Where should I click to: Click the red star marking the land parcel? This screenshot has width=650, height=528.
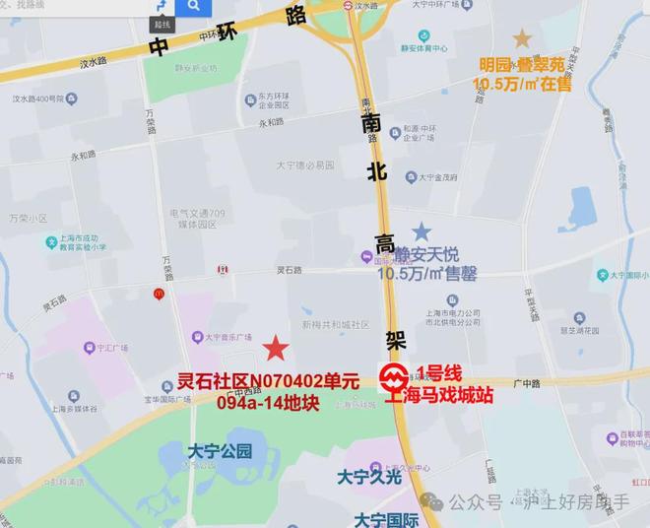[x=276, y=348]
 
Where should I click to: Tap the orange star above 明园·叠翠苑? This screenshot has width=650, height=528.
[x=521, y=38]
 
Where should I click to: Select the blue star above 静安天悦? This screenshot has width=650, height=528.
[x=422, y=231]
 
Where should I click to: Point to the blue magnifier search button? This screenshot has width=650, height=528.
[x=194, y=6]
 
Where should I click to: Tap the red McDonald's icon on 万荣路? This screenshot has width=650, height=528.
[x=159, y=293]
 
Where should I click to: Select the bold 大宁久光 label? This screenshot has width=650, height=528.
[x=370, y=477]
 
